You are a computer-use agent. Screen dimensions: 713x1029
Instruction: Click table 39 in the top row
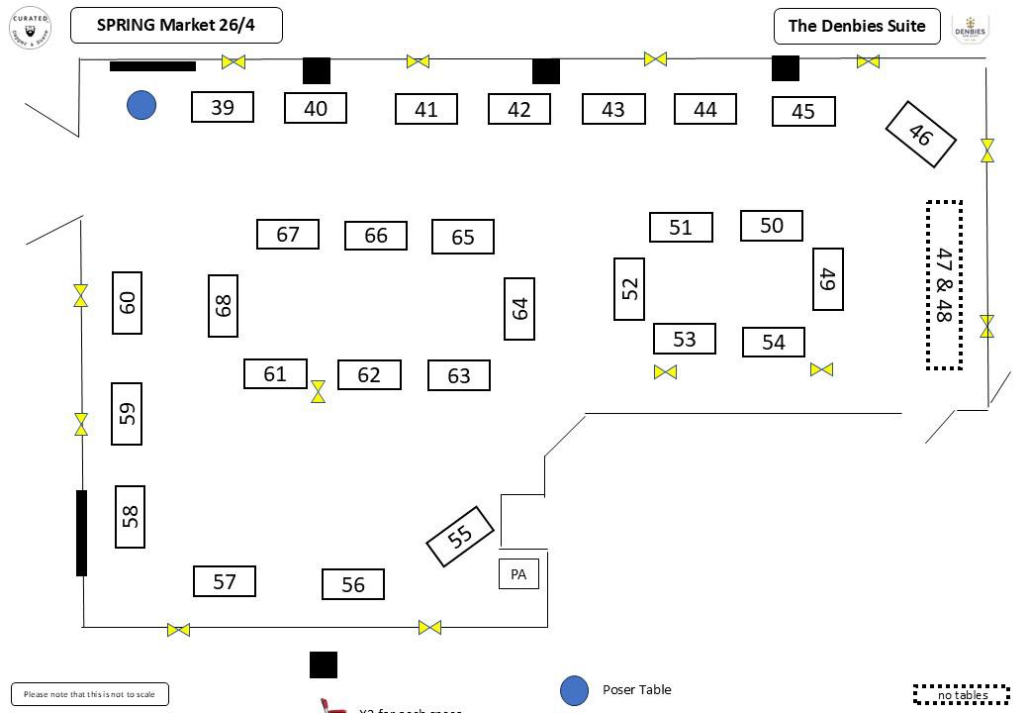click(x=223, y=107)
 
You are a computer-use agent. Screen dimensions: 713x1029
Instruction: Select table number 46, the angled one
click(x=920, y=134)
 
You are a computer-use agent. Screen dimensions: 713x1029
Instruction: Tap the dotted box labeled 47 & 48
click(x=944, y=285)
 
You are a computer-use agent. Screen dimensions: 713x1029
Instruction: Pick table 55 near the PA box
click(x=460, y=537)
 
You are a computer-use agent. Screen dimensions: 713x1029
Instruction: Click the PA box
click(x=518, y=574)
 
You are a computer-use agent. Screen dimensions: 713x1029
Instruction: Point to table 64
click(x=519, y=309)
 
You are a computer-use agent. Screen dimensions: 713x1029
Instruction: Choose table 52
click(x=629, y=289)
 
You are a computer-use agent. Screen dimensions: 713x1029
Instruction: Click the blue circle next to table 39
click(x=141, y=105)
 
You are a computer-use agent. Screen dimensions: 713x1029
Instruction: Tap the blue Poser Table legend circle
click(x=575, y=691)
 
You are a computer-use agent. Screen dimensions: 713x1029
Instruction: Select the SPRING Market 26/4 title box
click(x=176, y=26)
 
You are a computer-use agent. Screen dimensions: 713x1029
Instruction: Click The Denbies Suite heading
click(x=857, y=26)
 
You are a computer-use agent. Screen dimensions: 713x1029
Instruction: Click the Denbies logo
click(x=971, y=28)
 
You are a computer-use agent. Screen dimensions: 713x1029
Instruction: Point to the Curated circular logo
click(x=30, y=28)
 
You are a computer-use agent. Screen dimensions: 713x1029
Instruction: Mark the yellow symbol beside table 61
click(x=318, y=391)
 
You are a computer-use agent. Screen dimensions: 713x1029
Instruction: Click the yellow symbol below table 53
click(x=665, y=372)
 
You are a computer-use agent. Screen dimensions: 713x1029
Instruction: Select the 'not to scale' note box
click(x=90, y=694)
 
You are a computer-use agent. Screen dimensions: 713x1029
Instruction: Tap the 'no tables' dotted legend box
click(x=962, y=694)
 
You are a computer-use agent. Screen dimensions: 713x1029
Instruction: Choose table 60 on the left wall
click(x=127, y=303)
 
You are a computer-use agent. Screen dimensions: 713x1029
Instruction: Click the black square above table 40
click(x=317, y=70)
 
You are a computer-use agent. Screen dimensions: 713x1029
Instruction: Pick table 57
click(x=225, y=581)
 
